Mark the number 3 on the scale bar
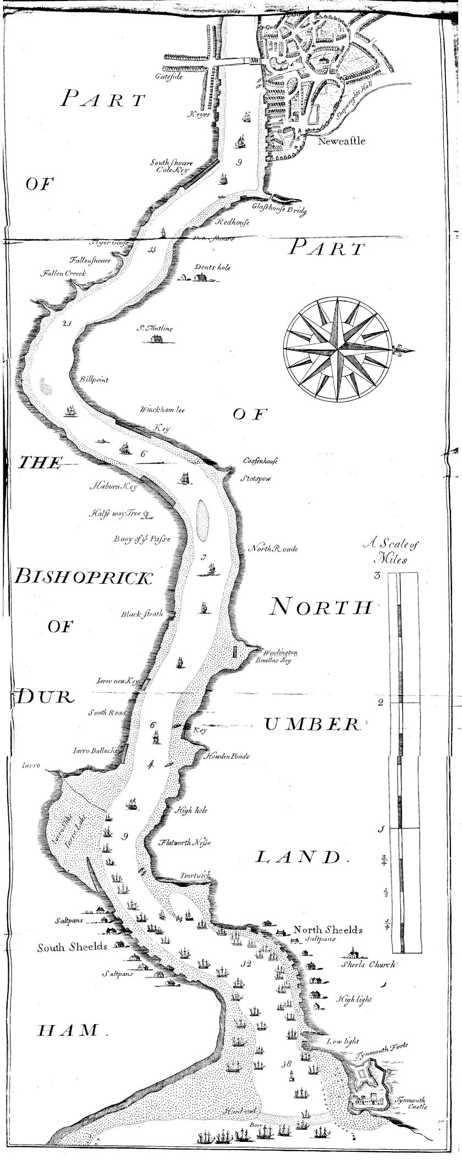point(378,576)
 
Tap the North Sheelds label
point(328,930)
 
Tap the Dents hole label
point(213,268)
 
